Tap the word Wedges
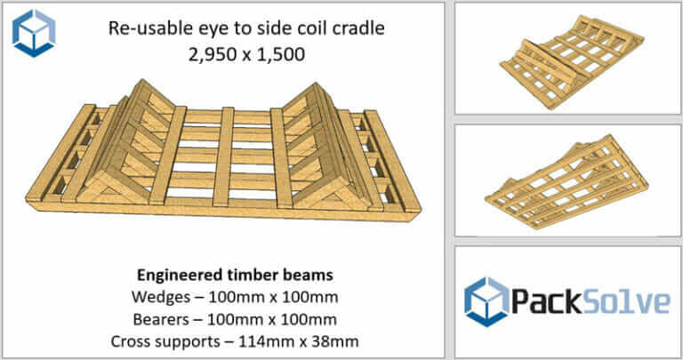pos(155,294)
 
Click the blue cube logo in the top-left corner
pos(35,33)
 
